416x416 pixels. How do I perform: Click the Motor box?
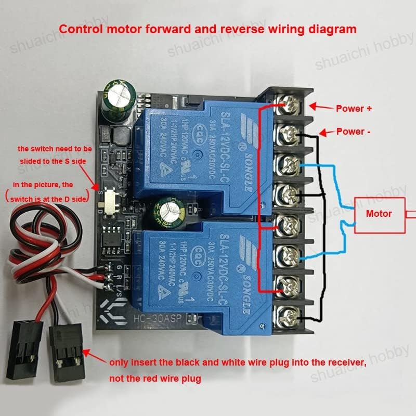pos(379,214)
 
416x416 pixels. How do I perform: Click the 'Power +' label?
pos(354,109)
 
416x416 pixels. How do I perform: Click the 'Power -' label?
pos(354,132)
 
